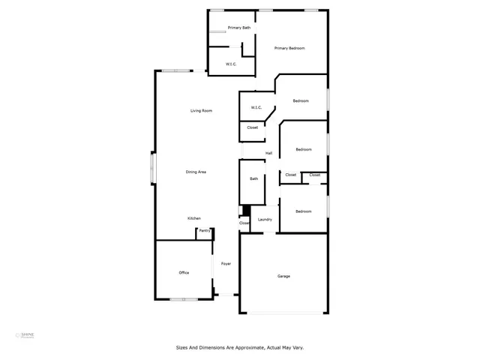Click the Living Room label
coord(201,111)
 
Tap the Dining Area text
coord(196,172)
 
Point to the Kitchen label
coord(194,218)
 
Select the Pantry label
coord(204,231)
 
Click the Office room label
coord(184,272)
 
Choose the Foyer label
coord(225,264)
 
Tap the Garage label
coord(283,276)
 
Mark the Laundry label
coord(265,220)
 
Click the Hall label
coord(268,154)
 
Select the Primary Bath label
coord(239,28)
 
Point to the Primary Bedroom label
coord(289,48)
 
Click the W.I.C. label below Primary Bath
coord(232,64)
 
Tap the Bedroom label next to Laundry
coord(303,211)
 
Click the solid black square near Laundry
coord(243,211)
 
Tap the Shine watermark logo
coord(27,335)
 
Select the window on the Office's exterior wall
coord(183,300)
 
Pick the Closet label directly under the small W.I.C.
coord(253,127)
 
